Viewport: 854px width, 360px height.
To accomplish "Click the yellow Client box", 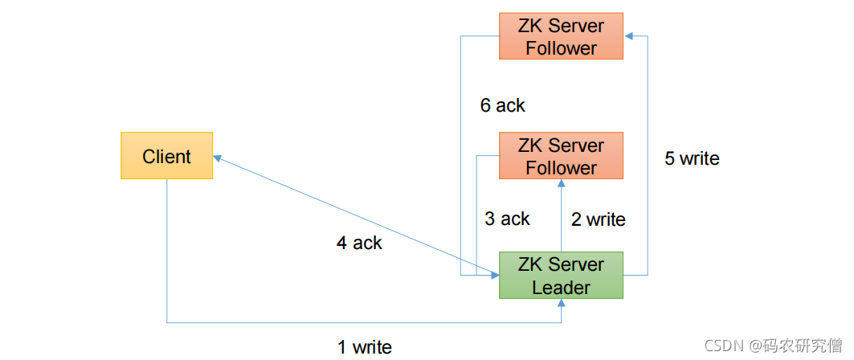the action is (x=166, y=155).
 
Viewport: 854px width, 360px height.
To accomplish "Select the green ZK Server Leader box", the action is (x=561, y=275).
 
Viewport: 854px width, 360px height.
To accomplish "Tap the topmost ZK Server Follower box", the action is (x=561, y=36).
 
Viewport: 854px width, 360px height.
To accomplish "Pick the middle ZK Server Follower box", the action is (x=561, y=155).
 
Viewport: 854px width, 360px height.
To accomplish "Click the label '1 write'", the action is (x=365, y=347).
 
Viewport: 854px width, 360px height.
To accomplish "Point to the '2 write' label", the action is (x=598, y=219).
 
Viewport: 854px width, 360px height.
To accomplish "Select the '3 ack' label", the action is (x=507, y=219).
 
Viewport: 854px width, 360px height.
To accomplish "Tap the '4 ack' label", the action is (x=359, y=243).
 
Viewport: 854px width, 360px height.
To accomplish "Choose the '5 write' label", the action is (x=693, y=158).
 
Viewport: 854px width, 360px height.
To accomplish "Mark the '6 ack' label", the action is (x=503, y=105).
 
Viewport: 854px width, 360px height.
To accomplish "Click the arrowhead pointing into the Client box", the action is (x=217, y=158).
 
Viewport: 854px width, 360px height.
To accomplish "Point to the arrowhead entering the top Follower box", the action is (x=628, y=36).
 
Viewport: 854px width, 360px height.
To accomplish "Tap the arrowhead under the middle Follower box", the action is (x=561, y=183).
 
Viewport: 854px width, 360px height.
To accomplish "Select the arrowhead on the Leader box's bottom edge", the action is (x=561, y=304).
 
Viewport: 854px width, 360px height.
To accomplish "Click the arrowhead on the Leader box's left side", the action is (x=495, y=275).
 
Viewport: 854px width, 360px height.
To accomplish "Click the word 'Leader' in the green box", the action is (x=561, y=287).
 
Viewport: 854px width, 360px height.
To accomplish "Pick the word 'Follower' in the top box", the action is (x=561, y=48).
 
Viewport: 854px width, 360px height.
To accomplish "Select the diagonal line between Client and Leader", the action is (x=356, y=215).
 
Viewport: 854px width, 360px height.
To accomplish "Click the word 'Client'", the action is (x=166, y=157).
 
